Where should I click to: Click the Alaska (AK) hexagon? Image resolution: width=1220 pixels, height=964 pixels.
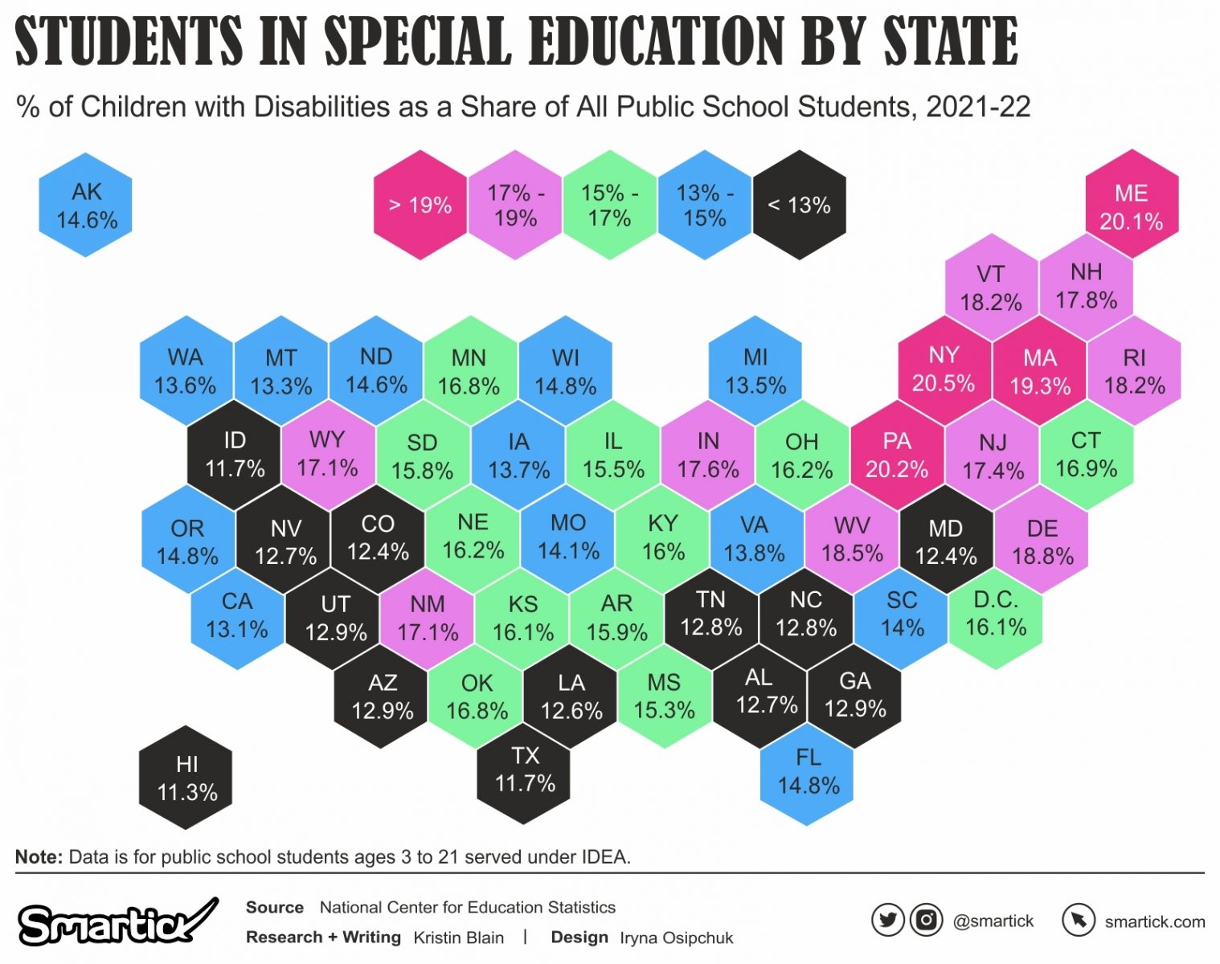(86, 205)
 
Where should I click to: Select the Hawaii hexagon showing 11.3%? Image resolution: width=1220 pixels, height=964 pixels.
(186, 778)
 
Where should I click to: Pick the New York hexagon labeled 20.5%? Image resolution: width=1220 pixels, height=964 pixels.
(944, 370)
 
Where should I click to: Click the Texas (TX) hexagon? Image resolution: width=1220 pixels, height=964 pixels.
(524, 770)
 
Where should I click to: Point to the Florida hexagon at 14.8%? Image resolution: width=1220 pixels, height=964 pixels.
(808, 772)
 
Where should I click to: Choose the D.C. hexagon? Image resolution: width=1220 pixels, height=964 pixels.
(996, 615)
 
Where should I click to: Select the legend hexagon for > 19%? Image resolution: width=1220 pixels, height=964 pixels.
(420, 205)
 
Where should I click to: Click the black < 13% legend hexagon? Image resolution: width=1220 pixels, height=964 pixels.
(799, 205)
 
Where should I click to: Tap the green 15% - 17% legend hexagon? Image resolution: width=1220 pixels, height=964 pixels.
(610, 205)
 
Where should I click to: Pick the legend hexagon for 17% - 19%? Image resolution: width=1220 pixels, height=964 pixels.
(515, 205)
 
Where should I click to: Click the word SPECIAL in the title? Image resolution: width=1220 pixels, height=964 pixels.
(418, 42)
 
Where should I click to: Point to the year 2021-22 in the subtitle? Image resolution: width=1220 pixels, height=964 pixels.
(978, 107)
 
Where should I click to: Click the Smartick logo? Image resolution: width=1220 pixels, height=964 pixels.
(117, 922)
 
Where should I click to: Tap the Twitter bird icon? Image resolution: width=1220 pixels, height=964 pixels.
(888, 921)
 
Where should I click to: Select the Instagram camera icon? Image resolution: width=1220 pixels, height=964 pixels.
(926, 921)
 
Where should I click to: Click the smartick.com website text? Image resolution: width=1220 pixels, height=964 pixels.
(1154, 921)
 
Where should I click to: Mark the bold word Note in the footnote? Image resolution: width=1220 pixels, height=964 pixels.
(38, 857)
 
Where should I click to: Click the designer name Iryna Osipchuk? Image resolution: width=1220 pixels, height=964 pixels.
(676, 937)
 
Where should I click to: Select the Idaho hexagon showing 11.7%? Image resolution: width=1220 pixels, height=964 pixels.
(234, 455)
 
